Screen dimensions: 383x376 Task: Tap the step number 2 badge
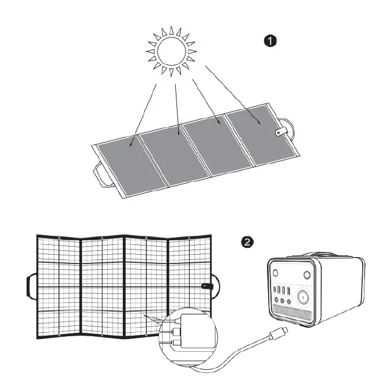click(246, 242)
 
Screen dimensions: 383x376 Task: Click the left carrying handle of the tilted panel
click(104, 175)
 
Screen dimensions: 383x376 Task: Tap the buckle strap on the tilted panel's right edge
click(281, 133)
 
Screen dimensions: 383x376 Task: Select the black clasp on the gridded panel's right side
click(206, 287)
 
